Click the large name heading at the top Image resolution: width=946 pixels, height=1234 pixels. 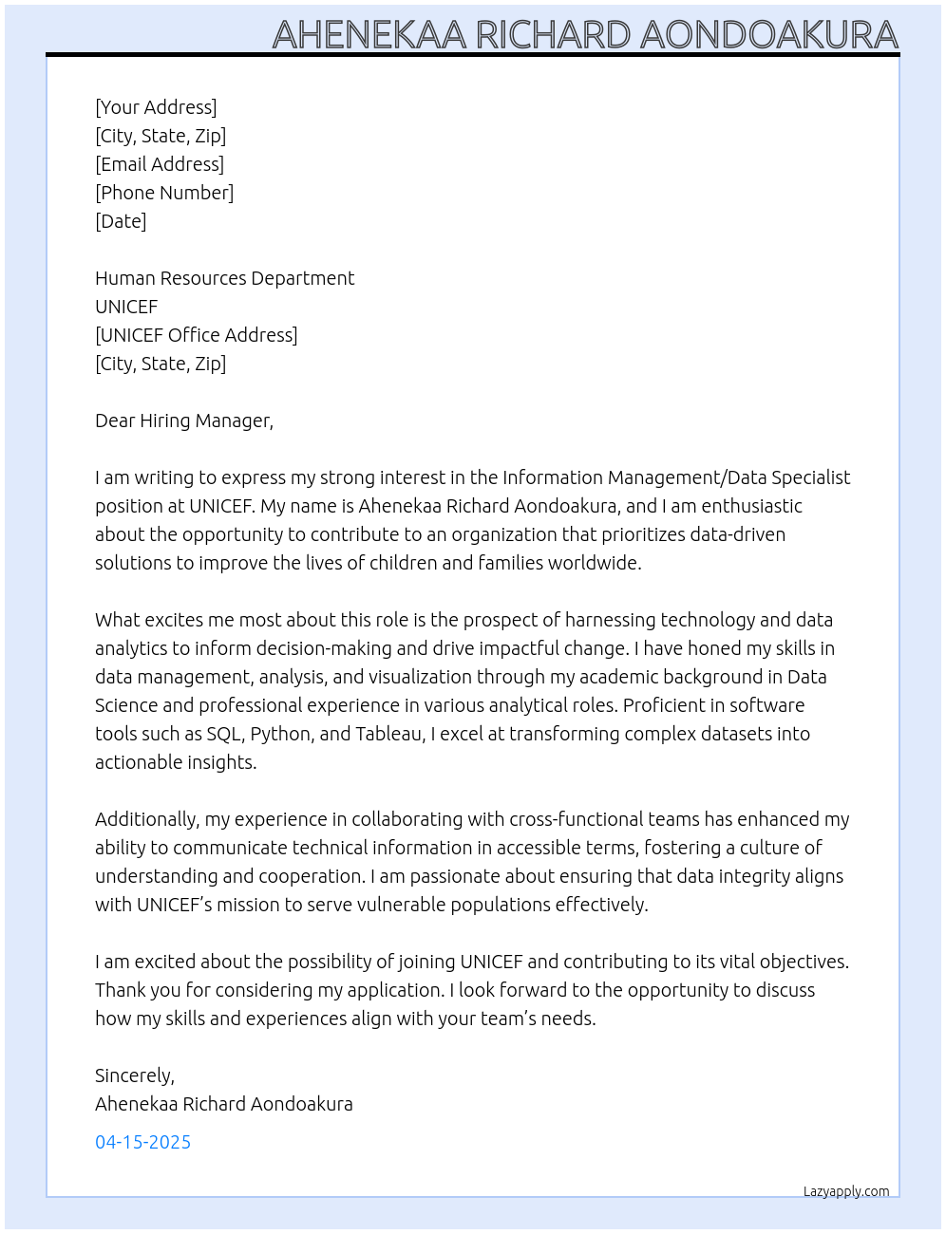coord(585,35)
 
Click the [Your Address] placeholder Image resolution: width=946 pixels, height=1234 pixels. coord(156,107)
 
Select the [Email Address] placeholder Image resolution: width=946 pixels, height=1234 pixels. coord(160,164)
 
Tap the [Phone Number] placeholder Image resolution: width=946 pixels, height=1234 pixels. coord(164,193)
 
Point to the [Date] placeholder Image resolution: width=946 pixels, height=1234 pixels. coord(121,221)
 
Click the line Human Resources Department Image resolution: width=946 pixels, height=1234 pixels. coord(224,278)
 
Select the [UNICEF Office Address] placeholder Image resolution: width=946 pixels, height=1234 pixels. coord(196,335)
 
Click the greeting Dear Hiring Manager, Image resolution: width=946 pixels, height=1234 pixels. coord(183,421)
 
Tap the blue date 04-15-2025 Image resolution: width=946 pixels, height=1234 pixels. coord(142,1142)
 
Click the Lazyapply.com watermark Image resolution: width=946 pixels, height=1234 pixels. coord(846,1191)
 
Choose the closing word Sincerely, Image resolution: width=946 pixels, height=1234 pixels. coord(134,1075)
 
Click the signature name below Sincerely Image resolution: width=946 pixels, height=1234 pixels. coord(223,1104)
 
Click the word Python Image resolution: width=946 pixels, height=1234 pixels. coord(281,734)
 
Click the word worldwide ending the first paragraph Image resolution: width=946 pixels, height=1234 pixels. coord(598,563)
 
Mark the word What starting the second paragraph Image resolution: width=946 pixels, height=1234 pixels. coord(118,620)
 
